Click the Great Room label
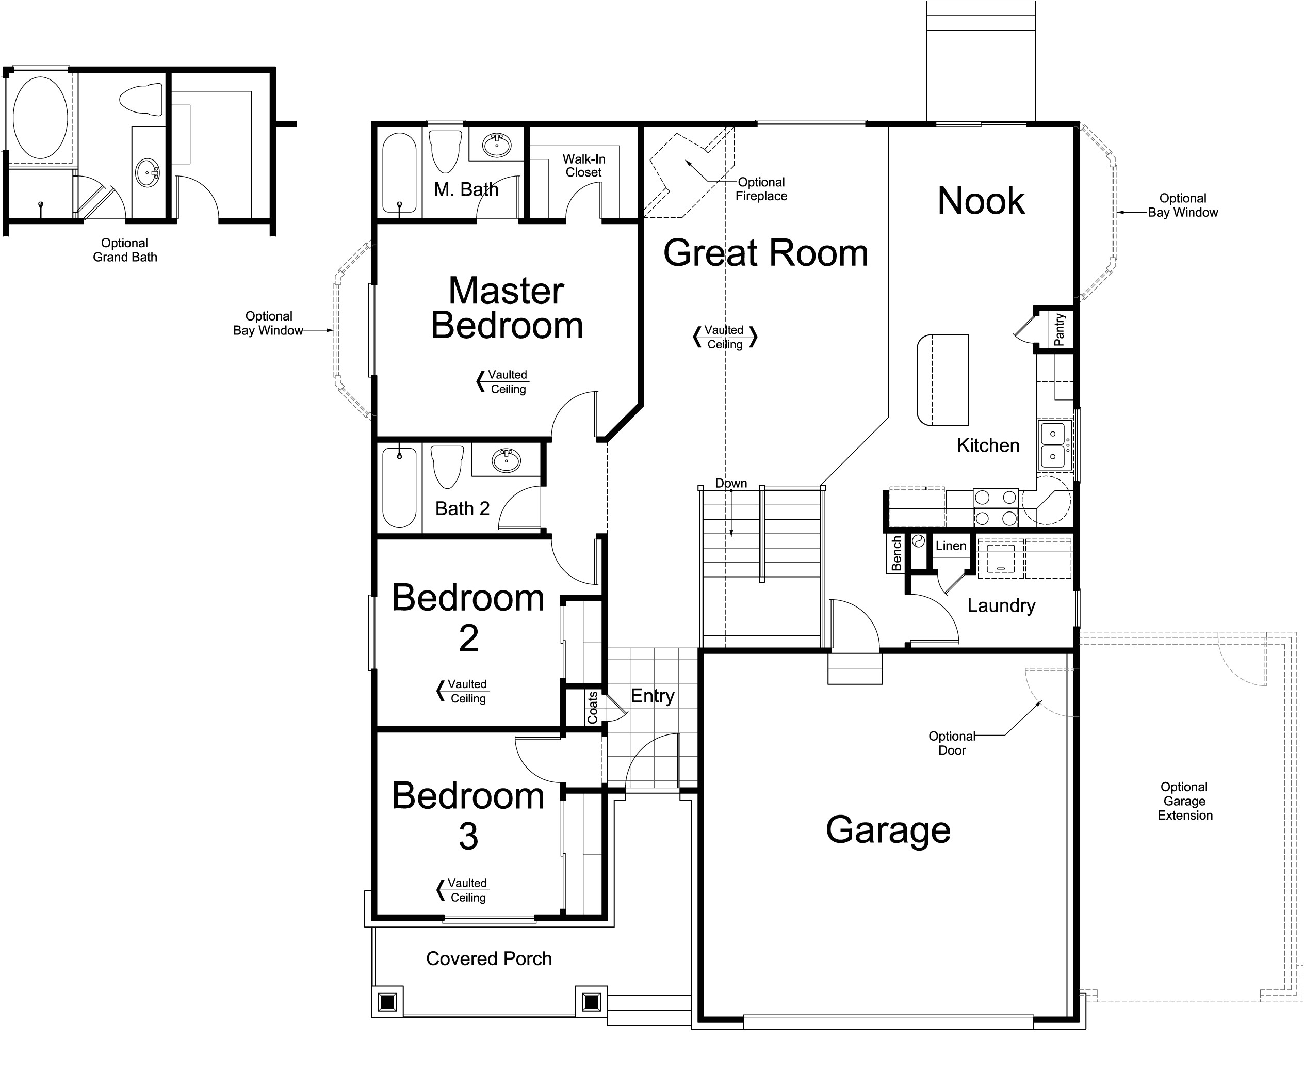[765, 253]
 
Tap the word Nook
[980, 201]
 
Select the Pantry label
[1059, 329]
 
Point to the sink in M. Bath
[496, 146]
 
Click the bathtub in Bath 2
[399, 487]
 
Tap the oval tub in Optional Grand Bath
[41, 117]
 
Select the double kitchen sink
[1053, 445]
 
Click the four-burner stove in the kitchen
[995, 507]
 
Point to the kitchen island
[942, 380]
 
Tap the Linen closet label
[950, 546]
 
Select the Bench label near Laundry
[896, 553]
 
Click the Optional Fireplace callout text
[761, 189]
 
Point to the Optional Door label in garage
[951, 743]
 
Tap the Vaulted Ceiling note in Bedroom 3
[467, 890]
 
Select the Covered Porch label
[488, 958]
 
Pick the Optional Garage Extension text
[1184, 801]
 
